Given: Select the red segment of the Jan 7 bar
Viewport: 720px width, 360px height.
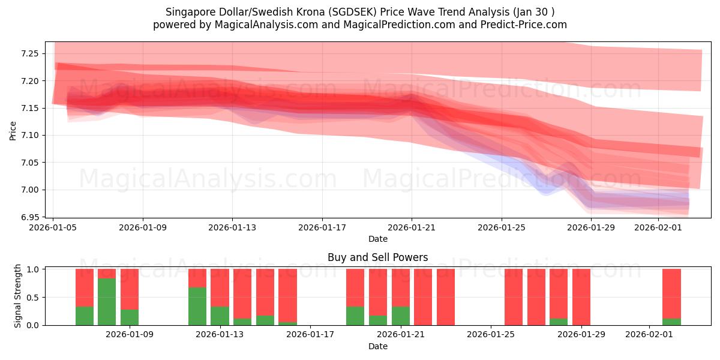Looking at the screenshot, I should pyautogui.click(x=85, y=287).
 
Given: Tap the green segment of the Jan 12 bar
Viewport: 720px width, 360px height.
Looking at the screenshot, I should pyautogui.click(x=197, y=306).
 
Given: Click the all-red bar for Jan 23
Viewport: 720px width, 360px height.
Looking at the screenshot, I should pyautogui.click(x=446, y=297).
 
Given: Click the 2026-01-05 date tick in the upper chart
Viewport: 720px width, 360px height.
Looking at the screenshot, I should pyautogui.click(x=53, y=227).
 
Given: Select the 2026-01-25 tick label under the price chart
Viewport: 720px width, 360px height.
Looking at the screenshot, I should pyautogui.click(x=502, y=227).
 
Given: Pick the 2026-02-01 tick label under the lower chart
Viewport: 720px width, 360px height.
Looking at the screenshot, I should pyautogui.click(x=650, y=335).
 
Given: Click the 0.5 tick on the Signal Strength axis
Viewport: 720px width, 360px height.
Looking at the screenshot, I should pyautogui.click(x=34, y=298).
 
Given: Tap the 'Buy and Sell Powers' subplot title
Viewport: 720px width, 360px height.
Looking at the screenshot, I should pyautogui.click(x=378, y=257).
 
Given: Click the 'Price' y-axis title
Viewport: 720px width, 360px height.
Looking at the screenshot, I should pyautogui.click(x=13, y=130).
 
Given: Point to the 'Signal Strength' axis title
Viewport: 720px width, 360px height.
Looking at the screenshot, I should pyautogui.click(x=18, y=296).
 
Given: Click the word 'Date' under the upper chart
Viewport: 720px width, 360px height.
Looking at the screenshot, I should pyautogui.click(x=378, y=239).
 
